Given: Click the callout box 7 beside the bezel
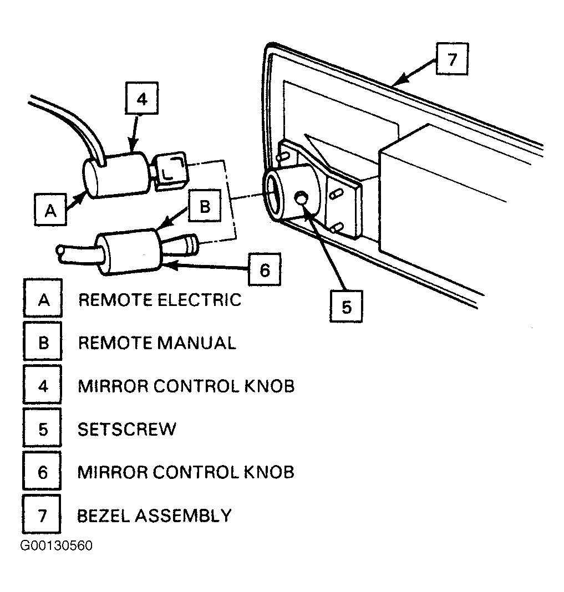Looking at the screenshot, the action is [x=452, y=59].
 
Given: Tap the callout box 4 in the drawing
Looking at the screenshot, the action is [x=141, y=98].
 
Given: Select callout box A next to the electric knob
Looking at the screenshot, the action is [x=50, y=210].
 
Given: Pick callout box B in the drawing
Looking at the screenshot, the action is [x=205, y=206].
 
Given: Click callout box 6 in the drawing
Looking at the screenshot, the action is [x=265, y=269].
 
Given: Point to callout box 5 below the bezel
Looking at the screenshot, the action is [x=346, y=306].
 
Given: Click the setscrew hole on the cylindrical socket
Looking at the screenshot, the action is [x=301, y=198].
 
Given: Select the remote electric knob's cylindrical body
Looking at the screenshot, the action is [x=116, y=175].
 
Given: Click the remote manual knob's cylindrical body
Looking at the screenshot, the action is [x=129, y=252].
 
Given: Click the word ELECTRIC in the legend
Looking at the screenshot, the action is [x=200, y=300].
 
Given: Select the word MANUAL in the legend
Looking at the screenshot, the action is [x=196, y=343].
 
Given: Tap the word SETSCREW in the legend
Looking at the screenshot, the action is [x=127, y=429].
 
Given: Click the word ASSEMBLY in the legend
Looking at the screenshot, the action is [x=183, y=516].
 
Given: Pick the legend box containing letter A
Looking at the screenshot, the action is [x=43, y=298].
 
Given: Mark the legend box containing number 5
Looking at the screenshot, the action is [x=42, y=427].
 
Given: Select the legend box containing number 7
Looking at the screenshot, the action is [x=42, y=514].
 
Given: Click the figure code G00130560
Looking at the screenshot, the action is [x=56, y=545].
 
